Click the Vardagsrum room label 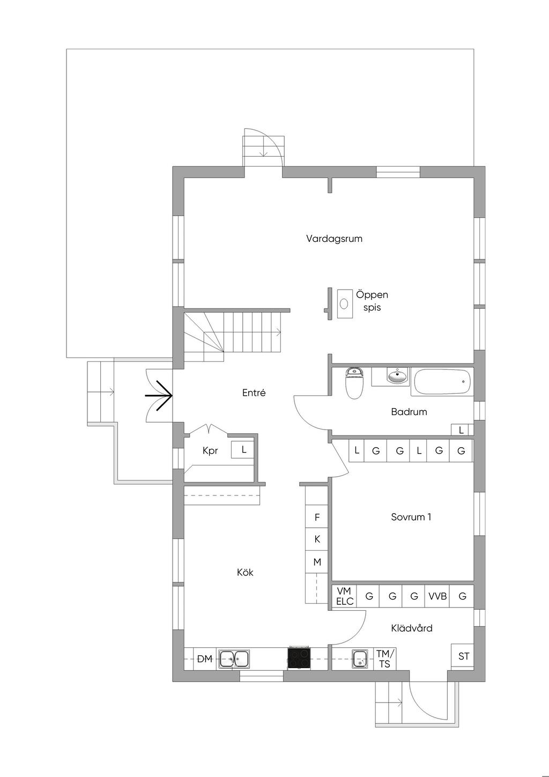(334, 239)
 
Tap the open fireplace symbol (345, 304)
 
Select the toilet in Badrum (354, 383)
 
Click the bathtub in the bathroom (442, 382)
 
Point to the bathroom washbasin (397, 376)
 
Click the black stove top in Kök (299, 657)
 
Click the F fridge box (317, 517)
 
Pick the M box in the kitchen (317, 562)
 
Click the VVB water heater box (437, 596)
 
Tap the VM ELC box (344, 596)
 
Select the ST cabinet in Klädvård (463, 656)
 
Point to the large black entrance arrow (159, 395)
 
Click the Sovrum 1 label (411, 517)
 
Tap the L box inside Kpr (244, 449)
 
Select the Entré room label (254, 393)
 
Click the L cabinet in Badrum (461, 430)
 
